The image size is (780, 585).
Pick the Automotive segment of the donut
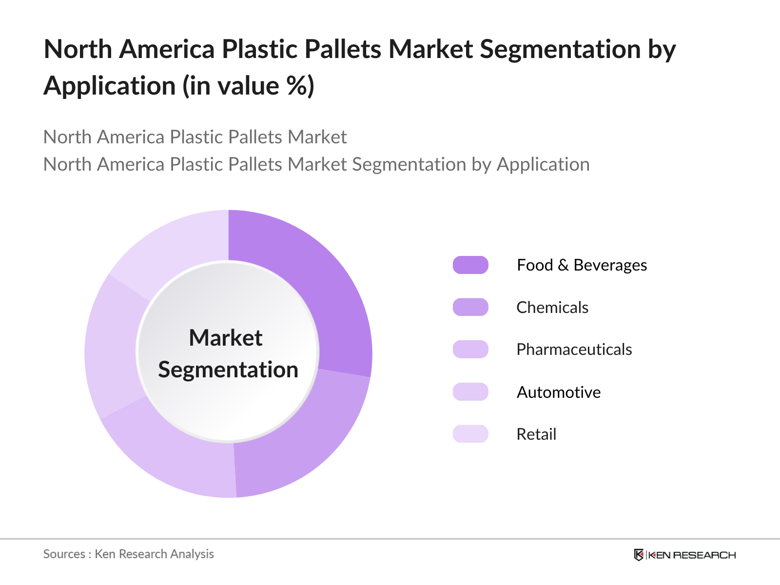(113, 348)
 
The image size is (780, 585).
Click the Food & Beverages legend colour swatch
(470, 265)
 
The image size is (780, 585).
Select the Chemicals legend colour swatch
(470, 307)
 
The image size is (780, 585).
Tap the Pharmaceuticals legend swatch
(470, 350)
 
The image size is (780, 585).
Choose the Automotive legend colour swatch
(470, 392)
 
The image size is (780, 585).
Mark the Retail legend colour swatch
(470, 434)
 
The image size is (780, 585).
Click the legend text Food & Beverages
(582, 265)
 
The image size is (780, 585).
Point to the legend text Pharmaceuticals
(574, 350)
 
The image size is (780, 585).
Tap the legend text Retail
(537, 434)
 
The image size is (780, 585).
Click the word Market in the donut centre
(226, 337)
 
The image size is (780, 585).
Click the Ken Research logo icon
(639, 555)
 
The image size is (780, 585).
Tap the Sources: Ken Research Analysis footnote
(129, 554)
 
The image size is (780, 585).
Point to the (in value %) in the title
(249, 86)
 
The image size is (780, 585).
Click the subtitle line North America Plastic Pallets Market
(195, 137)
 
